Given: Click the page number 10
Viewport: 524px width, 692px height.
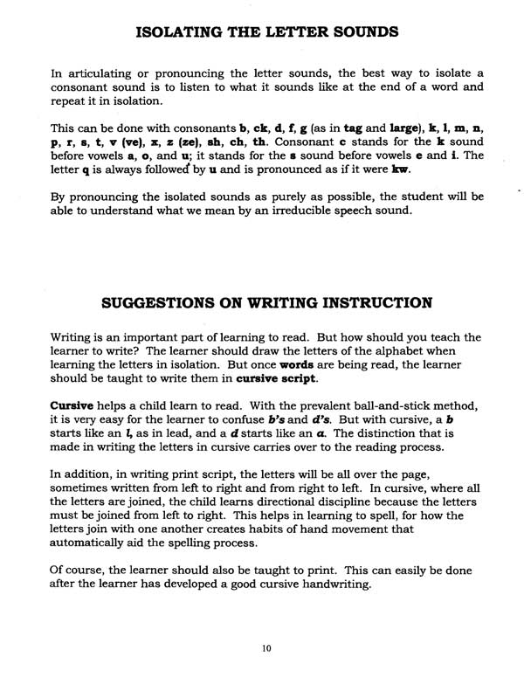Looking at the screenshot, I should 263,648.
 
